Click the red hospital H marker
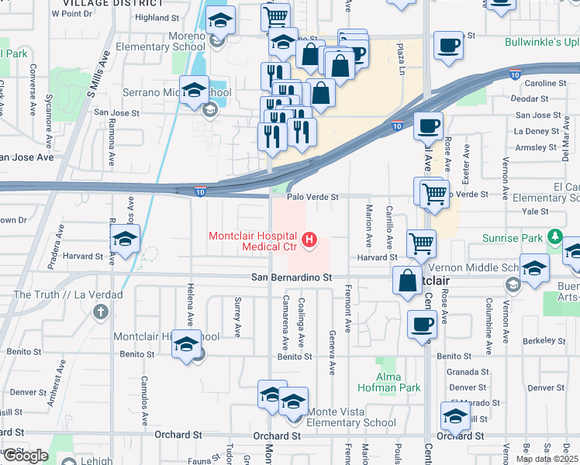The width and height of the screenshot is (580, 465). (310, 241)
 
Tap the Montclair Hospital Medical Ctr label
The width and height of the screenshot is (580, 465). (254, 242)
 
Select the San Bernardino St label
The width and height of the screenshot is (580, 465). (291, 277)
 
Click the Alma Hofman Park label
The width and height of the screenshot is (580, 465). (388, 381)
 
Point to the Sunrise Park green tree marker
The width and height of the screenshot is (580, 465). (554, 236)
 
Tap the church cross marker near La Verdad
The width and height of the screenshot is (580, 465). (100, 312)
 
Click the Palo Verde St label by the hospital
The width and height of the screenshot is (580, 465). (313, 198)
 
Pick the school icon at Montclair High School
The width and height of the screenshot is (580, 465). (186, 344)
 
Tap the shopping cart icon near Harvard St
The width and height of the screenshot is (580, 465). (422, 243)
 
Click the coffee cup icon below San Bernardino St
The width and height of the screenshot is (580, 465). (422, 323)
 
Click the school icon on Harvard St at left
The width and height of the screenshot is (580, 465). (124, 241)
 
